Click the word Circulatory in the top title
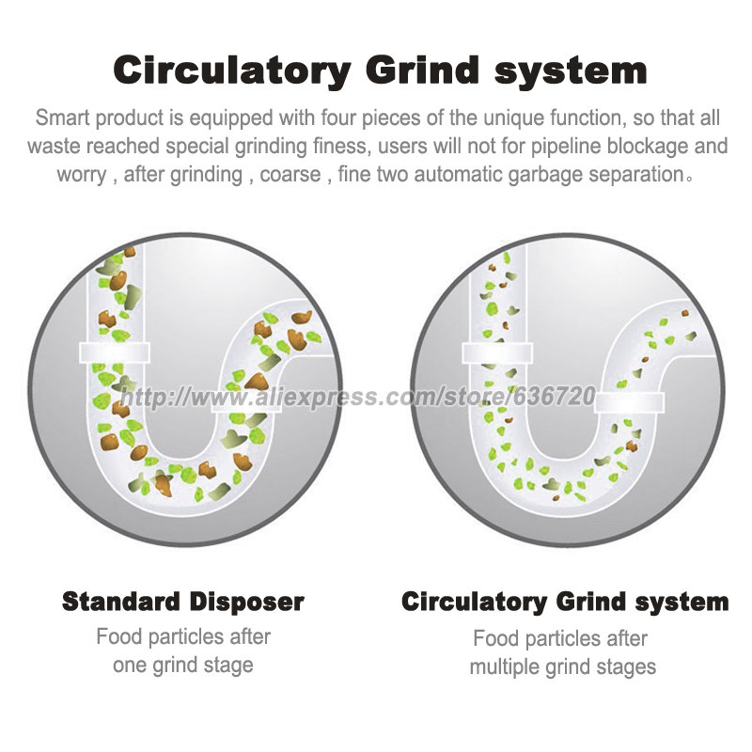pyautogui.click(x=232, y=71)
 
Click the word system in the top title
pyautogui.click(x=572, y=72)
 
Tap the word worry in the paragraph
pyautogui.click(x=82, y=175)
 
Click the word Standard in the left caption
pyautogui.click(x=121, y=602)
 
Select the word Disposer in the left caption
pyautogui.click(x=246, y=602)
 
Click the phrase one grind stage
pyautogui.click(x=182, y=666)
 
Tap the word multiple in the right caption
pyautogui.click(x=501, y=666)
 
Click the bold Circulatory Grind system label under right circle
pyautogui.click(x=565, y=602)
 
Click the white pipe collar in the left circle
pyautogui.click(x=115, y=352)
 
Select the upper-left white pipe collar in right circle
pyautogui.click(x=497, y=353)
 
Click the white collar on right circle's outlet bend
pyautogui.click(x=629, y=402)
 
